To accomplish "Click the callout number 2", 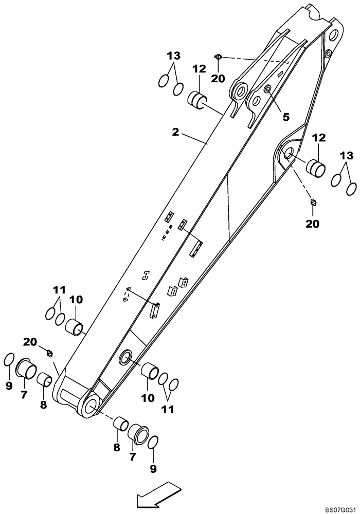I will [x=175, y=132].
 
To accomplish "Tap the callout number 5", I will [x=285, y=117].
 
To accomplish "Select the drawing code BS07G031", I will [x=339, y=508].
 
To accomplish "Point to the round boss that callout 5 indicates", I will [x=267, y=90].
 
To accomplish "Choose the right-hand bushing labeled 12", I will [x=316, y=168].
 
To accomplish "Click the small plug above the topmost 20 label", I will [x=218, y=57].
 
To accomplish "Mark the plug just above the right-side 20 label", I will [x=313, y=204].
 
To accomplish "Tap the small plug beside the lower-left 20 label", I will [x=49, y=353].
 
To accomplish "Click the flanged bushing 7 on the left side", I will [x=26, y=369].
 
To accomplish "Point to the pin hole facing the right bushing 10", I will [x=125, y=358].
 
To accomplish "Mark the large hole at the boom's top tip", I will [x=333, y=35].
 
